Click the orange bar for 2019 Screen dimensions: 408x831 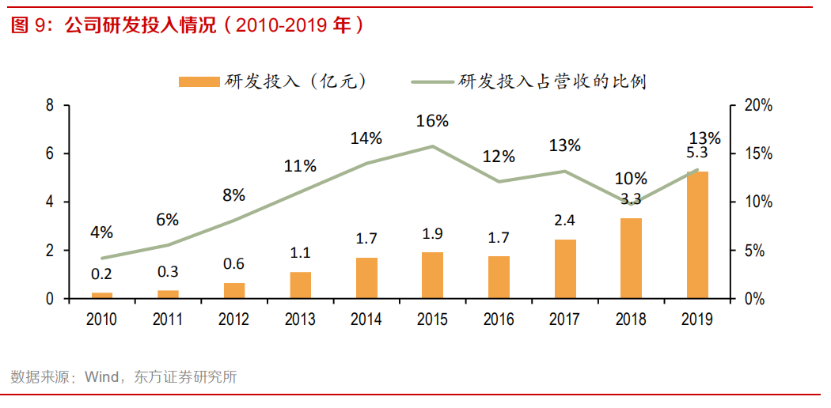click(696, 235)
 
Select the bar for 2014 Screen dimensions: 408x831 click(366, 278)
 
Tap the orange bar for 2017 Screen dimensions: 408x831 click(565, 269)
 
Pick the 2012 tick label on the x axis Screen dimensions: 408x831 click(234, 319)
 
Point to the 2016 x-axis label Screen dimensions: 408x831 click(499, 319)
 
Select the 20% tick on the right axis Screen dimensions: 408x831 click(755, 105)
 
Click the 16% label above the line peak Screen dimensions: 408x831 click(433, 121)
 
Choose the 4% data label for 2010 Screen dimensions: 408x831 click(102, 232)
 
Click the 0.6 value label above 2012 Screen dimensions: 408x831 click(234, 264)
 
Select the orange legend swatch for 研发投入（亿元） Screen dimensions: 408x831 click(199, 81)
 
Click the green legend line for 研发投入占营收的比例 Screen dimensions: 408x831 click(433, 81)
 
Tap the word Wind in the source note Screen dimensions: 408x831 click(97, 377)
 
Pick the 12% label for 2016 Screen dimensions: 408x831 click(499, 156)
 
